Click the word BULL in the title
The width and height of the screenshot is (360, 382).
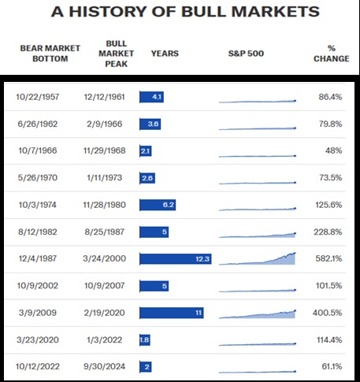pyautogui.click(x=203, y=12)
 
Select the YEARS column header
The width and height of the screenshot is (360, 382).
pyautogui.click(x=165, y=54)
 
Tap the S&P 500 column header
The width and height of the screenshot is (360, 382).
pyautogui.click(x=246, y=54)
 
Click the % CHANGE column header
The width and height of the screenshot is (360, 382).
pyautogui.click(x=332, y=54)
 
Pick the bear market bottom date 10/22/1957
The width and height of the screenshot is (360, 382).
pyautogui.click(x=38, y=97)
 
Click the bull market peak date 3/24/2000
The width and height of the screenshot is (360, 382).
pyautogui.click(x=105, y=258)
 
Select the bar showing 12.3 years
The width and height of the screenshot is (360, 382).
pyautogui.click(x=176, y=259)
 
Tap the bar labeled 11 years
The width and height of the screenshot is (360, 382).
pyautogui.click(x=172, y=313)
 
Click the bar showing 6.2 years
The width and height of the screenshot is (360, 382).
pyautogui.click(x=158, y=205)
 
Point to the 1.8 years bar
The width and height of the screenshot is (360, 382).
pyautogui.click(x=145, y=340)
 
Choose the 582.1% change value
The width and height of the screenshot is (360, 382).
pyautogui.click(x=328, y=258)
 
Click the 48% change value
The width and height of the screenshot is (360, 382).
pyautogui.click(x=333, y=150)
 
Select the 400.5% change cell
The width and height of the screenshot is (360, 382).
pyautogui.click(x=328, y=313)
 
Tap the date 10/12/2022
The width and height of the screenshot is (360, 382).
pyautogui.click(x=38, y=366)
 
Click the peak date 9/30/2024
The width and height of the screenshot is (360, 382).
pyautogui.click(x=105, y=366)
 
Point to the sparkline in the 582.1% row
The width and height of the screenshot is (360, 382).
pyautogui.click(x=258, y=259)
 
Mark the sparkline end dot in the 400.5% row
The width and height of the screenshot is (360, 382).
pyautogui.click(x=295, y=311)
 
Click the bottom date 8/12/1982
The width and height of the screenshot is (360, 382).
pyautogui.click(x=38, y=232)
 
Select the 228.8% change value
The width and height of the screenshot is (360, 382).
pyautogui.click(x=328, y=232)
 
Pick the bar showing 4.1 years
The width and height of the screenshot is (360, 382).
pyautogui.click(x=151, y=97)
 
